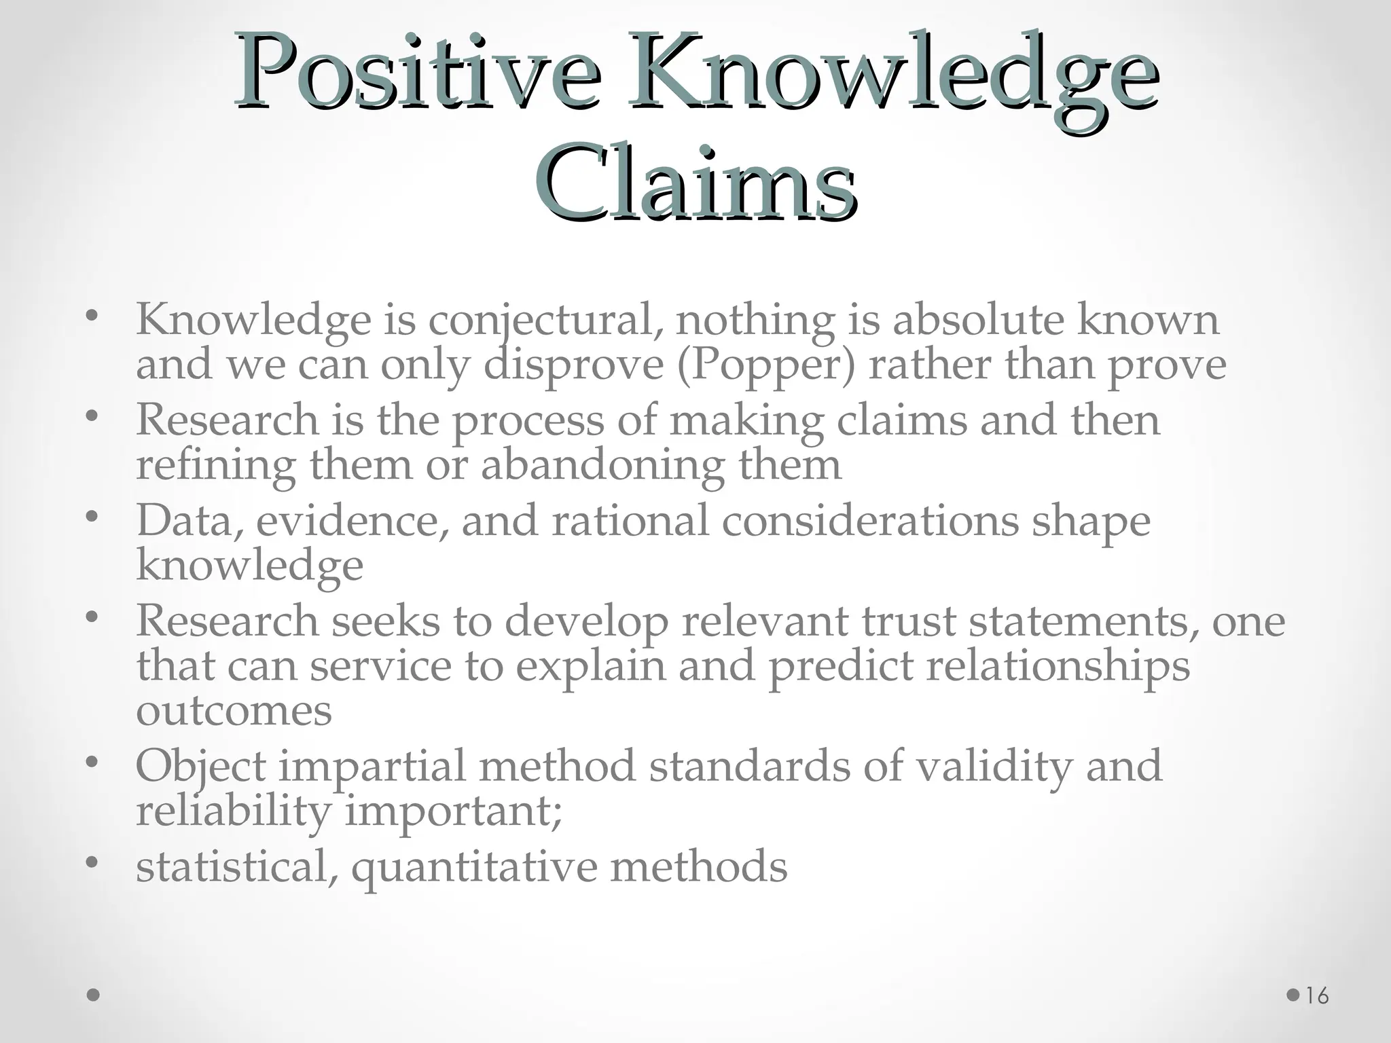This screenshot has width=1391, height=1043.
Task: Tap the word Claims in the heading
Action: coord(695,183)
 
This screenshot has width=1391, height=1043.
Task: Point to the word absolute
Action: coord(978,320)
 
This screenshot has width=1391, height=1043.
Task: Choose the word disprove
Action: coord(573,365)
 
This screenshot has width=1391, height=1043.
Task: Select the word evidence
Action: coord(353,521)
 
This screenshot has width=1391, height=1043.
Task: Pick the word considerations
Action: coord(869,521)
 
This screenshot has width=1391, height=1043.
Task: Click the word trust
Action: coord(908,621)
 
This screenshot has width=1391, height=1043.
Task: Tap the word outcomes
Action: coord(234,711)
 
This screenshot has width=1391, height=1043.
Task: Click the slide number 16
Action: coord(1317,996)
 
